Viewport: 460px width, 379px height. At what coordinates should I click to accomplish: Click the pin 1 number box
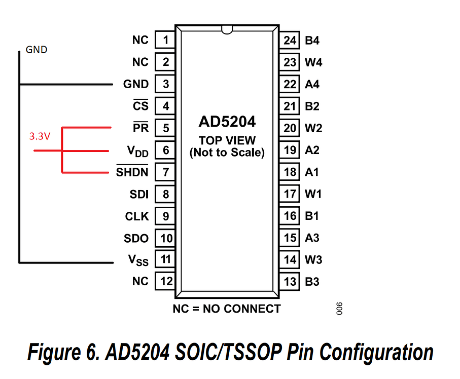pyautogui.click(x=165, y=40)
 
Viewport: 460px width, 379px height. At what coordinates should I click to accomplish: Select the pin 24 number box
pyautogui.click(x=290, y=40)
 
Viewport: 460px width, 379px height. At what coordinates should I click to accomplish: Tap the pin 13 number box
pyautogui.click(x=290, y=282)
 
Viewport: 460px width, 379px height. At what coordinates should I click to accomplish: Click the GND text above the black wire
pyautogui.click(x=36, y=50)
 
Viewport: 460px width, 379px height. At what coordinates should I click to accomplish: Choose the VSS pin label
pyautogui.click(x=138, y=260)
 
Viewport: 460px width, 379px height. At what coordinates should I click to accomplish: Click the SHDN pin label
pyautogui.click(x=132, y=172)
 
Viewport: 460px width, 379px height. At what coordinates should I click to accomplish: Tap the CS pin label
pyautogui.click(x=140, y=106)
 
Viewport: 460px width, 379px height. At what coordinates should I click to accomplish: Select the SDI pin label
pyautogui.click(x=139, y=194)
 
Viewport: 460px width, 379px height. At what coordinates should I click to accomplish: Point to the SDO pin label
pyautogui.click(x=136, y=238)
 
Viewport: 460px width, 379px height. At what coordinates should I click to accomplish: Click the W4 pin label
pyautogui.click(x=313, y=63)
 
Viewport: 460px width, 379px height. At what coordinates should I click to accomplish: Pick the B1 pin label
pyautogui.click(x=312, y=216)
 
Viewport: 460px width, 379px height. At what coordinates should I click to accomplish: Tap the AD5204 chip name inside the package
pyautogui.click(x=227, y=122)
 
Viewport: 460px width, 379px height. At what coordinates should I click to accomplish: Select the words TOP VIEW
pyautogui.click(x=227, y=140)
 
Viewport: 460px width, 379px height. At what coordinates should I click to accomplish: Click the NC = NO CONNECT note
pyautogui.click(x=226, y=309)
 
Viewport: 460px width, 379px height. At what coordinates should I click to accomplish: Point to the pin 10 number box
pyautogui.click(x=165, y=238)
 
